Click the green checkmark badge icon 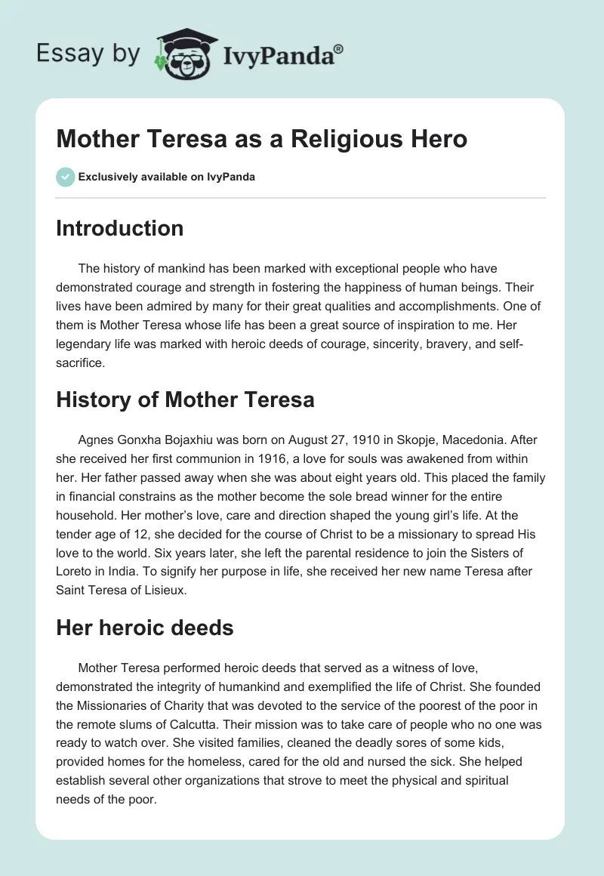point(65,177)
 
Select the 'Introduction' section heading point(119,228)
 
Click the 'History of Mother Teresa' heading point(185,399)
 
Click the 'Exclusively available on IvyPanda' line point(167,177)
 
